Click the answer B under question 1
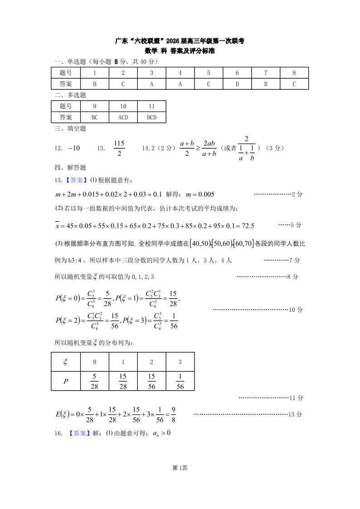94,84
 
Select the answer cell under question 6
237,84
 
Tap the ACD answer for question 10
123,117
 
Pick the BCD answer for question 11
151,117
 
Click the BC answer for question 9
94,117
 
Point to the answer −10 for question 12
73,148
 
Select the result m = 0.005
200,194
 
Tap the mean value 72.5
246,225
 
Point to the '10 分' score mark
296,310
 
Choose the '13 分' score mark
296,414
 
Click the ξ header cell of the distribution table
66,362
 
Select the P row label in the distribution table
66,381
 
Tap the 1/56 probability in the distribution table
180,381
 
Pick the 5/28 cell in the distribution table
94,381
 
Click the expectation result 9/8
172,414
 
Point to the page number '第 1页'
180,468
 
